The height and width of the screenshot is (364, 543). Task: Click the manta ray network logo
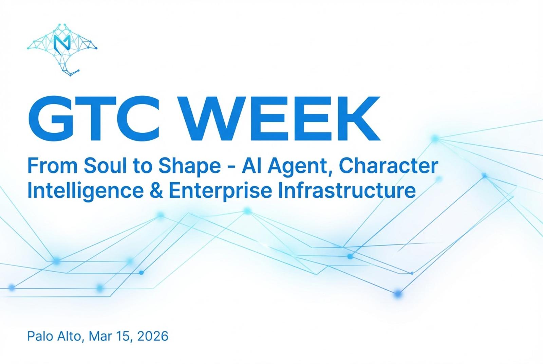(62, 50)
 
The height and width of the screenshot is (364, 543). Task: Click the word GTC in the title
(94, 119)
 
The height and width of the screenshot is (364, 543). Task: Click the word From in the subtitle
(53, 166)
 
